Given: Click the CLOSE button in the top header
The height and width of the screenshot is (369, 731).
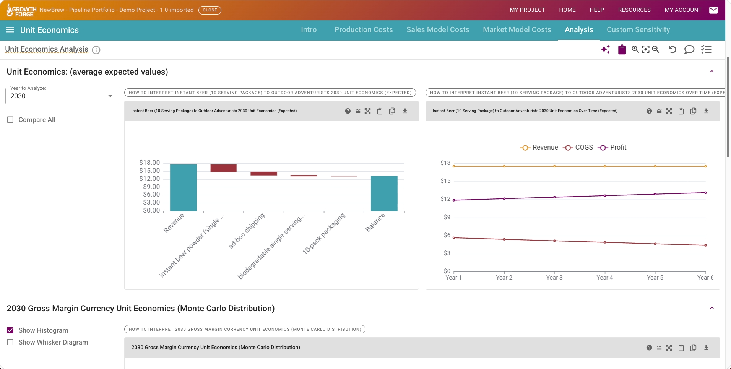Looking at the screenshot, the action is click(x=210, y=10).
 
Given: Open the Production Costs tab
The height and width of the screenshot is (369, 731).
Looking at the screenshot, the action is click(x=364, y=30).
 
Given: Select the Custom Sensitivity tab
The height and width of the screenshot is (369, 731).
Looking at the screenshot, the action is click(x=638, y=30).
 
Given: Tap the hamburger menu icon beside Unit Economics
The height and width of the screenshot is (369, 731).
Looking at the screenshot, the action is click(x=10, y=30).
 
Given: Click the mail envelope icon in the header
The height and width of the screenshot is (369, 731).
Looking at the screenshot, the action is click(x=713, y=10).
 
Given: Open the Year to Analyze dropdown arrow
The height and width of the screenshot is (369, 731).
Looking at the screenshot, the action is click(x=110, y=96).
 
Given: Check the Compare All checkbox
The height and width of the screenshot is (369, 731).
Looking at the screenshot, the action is click(x=10, y=120).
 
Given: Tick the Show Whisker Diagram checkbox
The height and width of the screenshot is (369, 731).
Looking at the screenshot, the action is click(x=10, y=342).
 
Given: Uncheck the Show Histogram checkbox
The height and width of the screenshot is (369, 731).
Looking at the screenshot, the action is click(x=10, y=330).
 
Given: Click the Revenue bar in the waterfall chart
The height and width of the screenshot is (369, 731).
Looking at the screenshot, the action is click(x=184, y=188).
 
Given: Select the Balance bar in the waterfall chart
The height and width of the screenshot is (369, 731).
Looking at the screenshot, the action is click(x=384, y=193).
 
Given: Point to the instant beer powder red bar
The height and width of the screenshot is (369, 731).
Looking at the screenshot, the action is click(x=224, y=168).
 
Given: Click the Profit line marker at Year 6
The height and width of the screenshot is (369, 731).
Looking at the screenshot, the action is click(x=705, y=193).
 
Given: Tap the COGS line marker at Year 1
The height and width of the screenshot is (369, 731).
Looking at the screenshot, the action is click(x=454, y=238).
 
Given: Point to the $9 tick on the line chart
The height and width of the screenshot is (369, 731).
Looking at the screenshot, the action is click(x=447, y=217).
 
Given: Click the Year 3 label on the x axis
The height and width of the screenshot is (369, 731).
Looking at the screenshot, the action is click(x=554, y=278).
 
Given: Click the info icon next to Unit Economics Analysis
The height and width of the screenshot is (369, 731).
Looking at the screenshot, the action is click(x=96, y=50).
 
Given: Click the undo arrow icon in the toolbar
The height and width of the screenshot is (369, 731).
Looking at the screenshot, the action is click(x=672, y=49).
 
